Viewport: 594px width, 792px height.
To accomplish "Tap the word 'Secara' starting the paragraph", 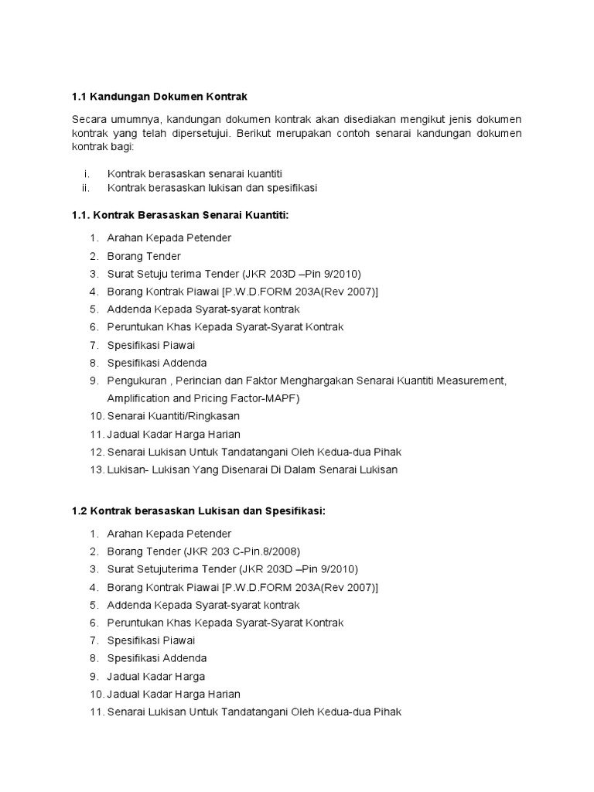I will (89, 120).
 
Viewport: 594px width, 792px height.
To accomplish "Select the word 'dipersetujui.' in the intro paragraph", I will (213, 133).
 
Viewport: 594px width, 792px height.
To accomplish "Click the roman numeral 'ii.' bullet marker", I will (86, 187).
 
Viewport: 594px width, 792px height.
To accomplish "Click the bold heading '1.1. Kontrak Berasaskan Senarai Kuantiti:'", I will (179, 214).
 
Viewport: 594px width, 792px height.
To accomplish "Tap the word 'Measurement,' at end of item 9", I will (472, 381).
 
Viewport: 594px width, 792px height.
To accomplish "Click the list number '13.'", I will (96, 469).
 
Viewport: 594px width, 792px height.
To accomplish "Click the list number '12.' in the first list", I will (96, 452).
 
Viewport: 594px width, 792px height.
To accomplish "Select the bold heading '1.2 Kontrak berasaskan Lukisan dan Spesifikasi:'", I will (198, 511).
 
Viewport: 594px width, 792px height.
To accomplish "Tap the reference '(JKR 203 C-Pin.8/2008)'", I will (242, 551).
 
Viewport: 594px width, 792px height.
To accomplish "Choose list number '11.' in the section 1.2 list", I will (96, 711).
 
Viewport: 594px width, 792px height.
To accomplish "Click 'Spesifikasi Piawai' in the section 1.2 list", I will (152, 640).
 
